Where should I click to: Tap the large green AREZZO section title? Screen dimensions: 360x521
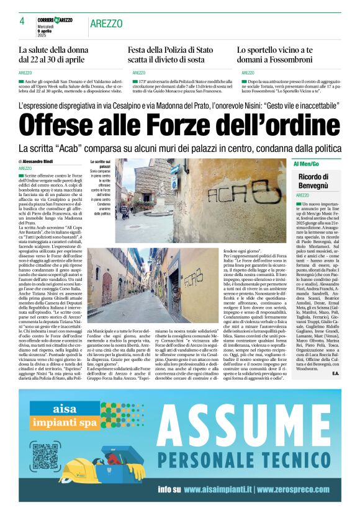point(106,24)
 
